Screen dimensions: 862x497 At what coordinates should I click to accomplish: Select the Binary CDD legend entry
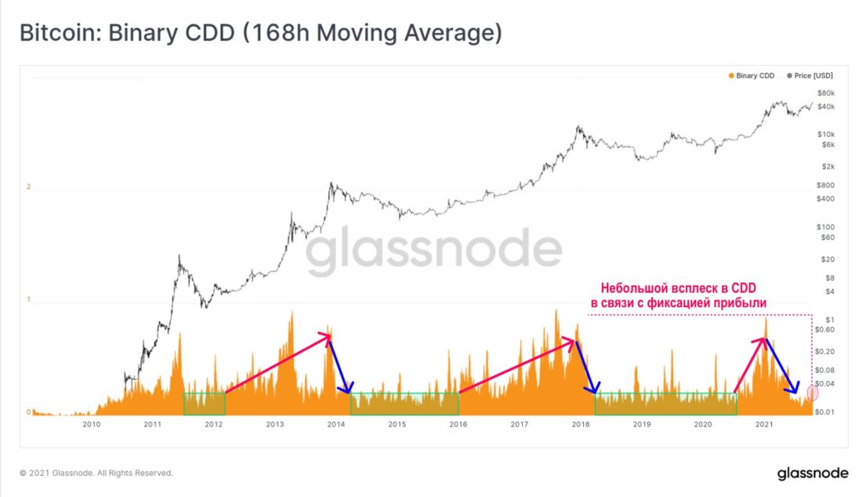point(751,76)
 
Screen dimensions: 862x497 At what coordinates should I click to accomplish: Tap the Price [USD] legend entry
point(809,76)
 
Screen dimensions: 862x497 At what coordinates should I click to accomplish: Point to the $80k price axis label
point(826,93)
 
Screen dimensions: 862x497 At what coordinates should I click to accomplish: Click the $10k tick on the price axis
point(826,134)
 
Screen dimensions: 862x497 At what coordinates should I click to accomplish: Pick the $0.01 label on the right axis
point(824,412)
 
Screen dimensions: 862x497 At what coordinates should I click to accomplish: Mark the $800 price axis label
point(825,185)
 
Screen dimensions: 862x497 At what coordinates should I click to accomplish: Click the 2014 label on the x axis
point(336,424)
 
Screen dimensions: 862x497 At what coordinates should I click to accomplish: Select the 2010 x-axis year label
point(91,424)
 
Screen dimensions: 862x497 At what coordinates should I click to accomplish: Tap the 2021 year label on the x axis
point(763,424)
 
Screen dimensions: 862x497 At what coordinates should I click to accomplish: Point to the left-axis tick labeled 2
point(28,187)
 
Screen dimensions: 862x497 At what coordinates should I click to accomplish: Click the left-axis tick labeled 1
point(28,299)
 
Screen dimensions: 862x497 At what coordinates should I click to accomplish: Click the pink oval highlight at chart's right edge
point(813,393)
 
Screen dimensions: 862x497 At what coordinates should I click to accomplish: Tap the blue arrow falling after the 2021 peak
point(782,366)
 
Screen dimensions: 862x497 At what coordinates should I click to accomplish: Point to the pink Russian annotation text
point(679,296)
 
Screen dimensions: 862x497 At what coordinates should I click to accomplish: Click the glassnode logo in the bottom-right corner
point(813,473)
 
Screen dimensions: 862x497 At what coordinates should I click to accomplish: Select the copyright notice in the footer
point(96,473)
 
